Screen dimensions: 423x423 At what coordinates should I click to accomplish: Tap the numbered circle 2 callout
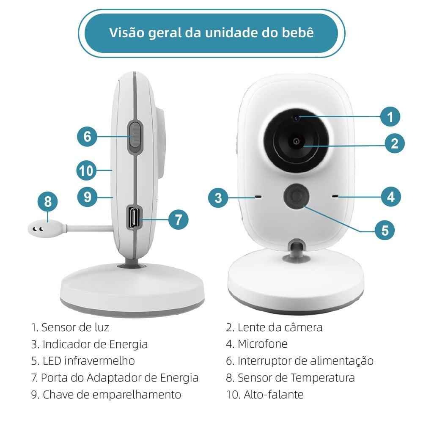point(394,143)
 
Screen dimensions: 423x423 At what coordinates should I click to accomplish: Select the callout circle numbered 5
point(385,230)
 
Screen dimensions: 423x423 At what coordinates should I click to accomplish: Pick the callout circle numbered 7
point(178,219)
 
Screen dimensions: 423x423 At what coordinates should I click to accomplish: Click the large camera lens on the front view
point(296,141)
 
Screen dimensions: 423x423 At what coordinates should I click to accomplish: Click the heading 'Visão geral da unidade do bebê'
point(211,33)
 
